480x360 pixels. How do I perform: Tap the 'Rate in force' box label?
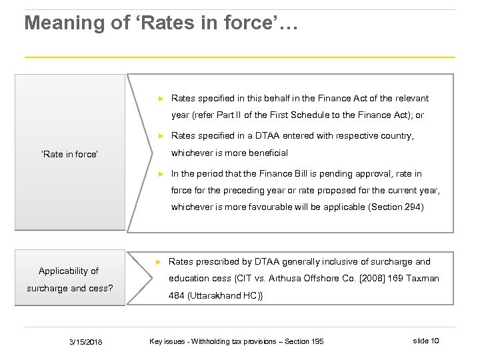click(70, 154)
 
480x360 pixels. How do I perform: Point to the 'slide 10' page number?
click(425, 341)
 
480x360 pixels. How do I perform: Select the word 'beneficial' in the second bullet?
click(267, 153)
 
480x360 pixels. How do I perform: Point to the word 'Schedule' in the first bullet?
click(331, 115)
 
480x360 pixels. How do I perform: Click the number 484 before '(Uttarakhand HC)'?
click(178, 295)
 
